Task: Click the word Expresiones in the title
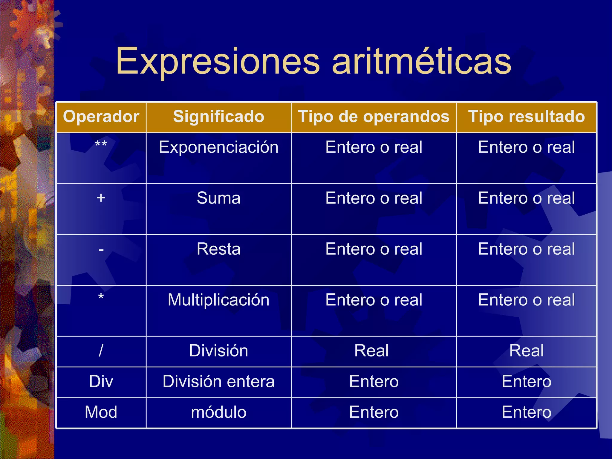218,62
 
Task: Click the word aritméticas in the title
422,62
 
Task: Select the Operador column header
101,117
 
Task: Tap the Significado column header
218,117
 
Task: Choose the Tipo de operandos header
374,117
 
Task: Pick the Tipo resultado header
526,117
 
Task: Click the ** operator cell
101,145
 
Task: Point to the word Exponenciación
218,147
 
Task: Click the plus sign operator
101,198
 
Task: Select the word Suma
218,198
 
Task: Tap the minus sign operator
101,249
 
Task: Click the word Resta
218,249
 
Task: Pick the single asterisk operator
101,297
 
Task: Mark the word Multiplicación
218,300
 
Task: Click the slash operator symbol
101,351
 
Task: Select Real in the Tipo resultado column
526,351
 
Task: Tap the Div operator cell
101,382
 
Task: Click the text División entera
218,382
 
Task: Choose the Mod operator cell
101,412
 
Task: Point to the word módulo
218,412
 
